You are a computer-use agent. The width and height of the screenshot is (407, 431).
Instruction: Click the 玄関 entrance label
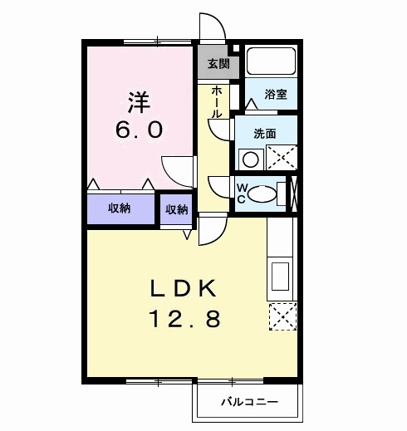[218, 64]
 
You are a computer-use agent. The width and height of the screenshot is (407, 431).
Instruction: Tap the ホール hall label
[217, 100]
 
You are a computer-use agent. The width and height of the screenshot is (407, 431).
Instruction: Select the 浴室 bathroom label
[276, 95]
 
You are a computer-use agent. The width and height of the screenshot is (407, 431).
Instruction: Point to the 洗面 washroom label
[264, 133]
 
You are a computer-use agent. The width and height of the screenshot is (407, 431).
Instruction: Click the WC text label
[241, 193]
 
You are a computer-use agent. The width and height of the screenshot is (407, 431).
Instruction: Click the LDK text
[184, 288]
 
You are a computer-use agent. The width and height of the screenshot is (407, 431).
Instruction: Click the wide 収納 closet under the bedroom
[120, 208]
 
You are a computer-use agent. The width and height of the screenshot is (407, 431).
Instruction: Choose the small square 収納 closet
[175, 209]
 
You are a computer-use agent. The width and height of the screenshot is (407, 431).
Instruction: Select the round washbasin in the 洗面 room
[250, 159]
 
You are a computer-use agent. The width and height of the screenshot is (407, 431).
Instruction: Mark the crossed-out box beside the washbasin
[282, 157]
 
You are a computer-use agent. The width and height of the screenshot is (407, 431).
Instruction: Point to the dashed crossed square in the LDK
[282, 316]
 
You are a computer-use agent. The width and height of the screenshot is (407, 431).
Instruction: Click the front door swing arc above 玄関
[210, 27]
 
